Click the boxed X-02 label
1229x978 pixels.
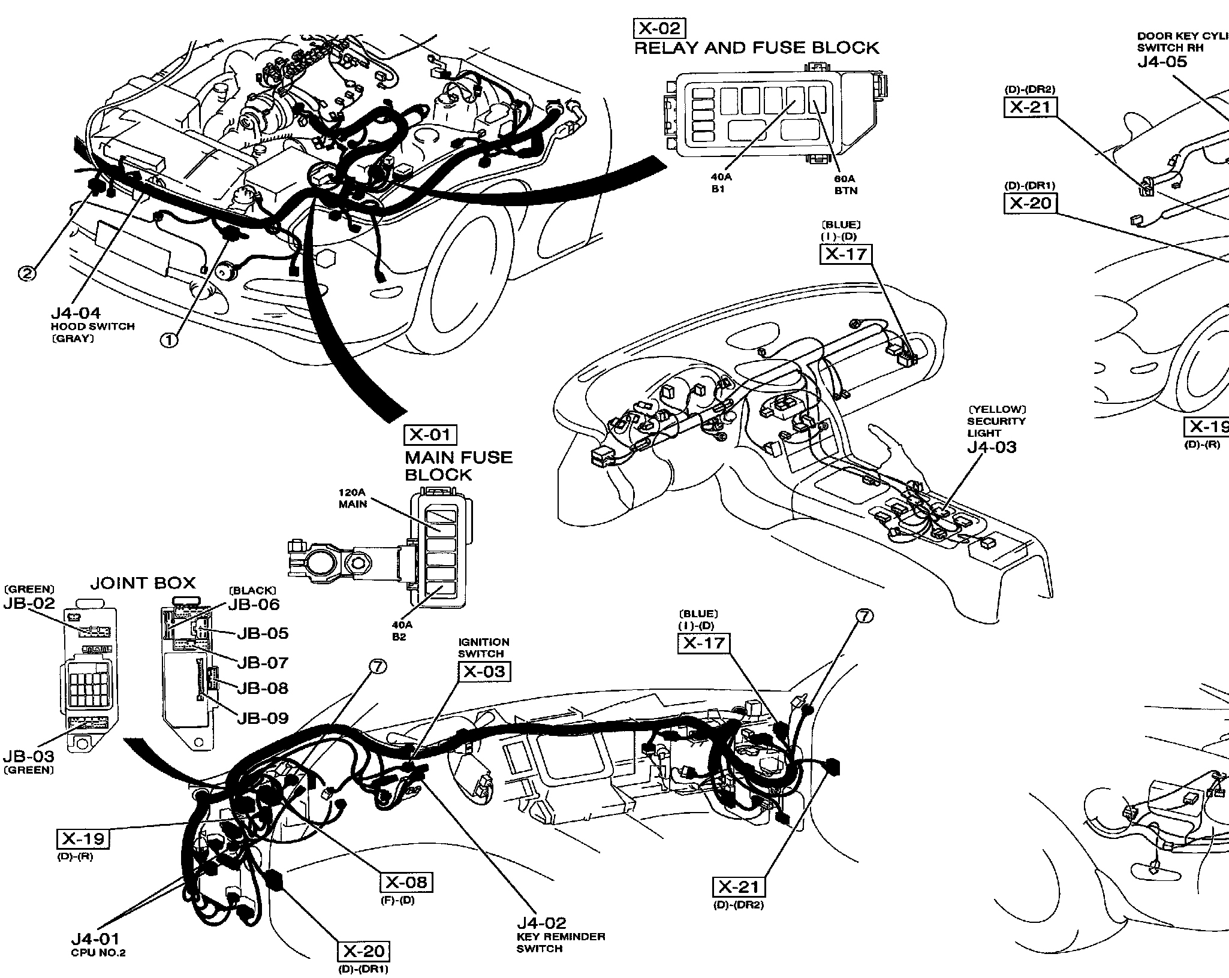pos(659,29)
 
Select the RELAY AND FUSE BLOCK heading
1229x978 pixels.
pos(757,48)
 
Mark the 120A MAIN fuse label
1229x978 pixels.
pos(353,498)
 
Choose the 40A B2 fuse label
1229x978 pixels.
pos(399,630)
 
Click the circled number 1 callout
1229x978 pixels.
pos(169,340)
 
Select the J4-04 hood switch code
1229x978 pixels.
pos(76,313)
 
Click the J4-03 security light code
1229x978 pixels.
pos(992,447)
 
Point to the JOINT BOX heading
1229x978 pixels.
pos(143,583)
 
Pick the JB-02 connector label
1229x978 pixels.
pos(29,603)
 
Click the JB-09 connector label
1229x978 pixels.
pos(263,718)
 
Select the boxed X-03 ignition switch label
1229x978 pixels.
pos(485,672)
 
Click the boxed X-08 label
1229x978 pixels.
pos(406,882)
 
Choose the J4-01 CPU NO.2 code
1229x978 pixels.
pos(95,939)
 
